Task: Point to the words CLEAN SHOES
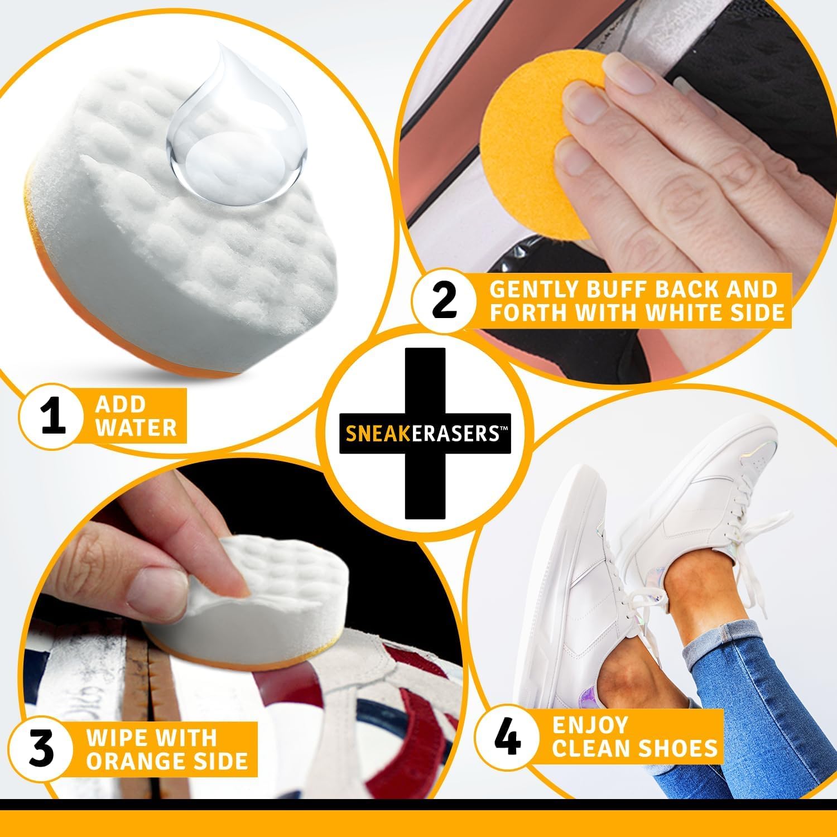pos(634,748)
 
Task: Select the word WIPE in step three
pos(116,738)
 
